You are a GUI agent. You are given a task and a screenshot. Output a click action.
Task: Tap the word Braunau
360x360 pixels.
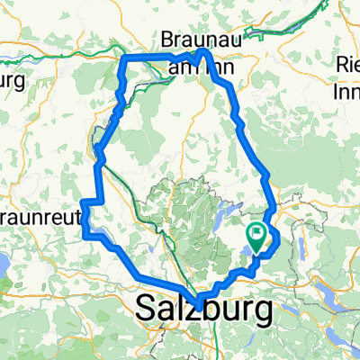194,40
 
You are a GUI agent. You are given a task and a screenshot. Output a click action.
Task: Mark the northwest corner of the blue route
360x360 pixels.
123,58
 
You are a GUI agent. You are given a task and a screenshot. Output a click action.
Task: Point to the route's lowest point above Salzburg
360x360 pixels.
200,298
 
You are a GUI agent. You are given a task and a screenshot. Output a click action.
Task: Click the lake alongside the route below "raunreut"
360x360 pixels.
105,240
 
